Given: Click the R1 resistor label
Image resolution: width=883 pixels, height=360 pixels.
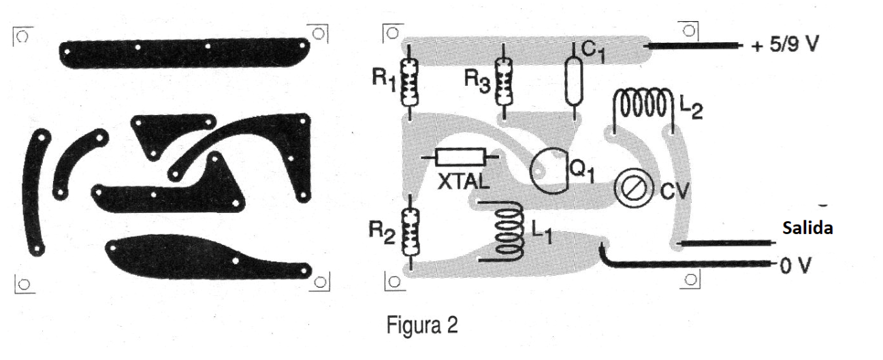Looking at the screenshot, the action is pyautogui.click(x=384, y=80).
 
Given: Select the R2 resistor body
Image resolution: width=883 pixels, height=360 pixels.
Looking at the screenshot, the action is pyautogui.click(x=411, y=233).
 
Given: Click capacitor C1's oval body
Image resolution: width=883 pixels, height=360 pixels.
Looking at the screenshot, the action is pyautogui.click(x=573, y=81).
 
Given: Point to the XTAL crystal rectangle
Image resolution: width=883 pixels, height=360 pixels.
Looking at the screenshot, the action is pyautogui.click(x=460, y=157).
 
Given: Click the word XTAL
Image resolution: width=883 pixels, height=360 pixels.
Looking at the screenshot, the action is pyautogui.click(x=464, y=182).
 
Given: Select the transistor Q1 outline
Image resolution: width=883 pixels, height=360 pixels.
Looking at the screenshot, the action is pyautogui.click(x=549, y=171).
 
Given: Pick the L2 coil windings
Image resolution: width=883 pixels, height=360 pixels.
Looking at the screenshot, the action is pyautogui.click(x=643, y=104).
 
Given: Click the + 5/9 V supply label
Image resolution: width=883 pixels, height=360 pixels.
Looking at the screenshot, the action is pyautogui.click(x=784, y=44).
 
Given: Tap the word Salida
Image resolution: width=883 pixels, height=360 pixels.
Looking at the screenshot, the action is pyautogui.click(x=807, y=228).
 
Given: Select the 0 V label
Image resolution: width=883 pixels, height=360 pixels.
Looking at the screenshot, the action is pyautogui.click(x=795, y=266).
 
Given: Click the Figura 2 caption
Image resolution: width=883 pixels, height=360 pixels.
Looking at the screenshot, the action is pyautogui.click(x=422, y=325).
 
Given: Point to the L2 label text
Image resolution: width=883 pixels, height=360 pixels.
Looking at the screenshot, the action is pyautogui.click(x=691, y=107).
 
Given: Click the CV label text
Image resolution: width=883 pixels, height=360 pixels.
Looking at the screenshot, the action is pyautogui.click(x=675, y=191).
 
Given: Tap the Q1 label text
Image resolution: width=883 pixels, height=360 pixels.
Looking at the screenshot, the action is pyautogui.click(x=582, y=171).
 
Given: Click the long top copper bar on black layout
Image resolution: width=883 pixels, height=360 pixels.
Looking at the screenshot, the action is pyautogui.click(x=184, y=53).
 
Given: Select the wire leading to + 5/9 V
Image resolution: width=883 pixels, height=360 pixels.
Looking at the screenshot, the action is pyautogui.click(x=693, y=46).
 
